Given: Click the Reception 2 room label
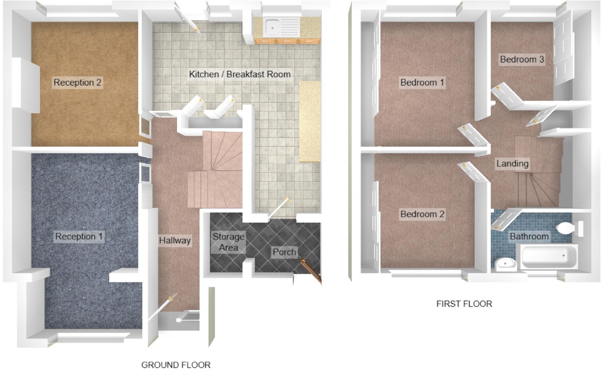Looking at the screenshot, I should [x=77, y=82].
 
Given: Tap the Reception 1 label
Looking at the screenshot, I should [x=79, y=236].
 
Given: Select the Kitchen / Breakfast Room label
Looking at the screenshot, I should [x=240, y=74].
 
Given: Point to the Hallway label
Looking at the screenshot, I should [x=175, y=240].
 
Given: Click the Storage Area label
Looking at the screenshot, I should [x=228, y=242].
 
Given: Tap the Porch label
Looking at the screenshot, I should [x=284, y=252].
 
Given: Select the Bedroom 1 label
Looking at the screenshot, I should [x=422, y=82].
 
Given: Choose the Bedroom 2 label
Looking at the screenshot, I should [x=422, y=214].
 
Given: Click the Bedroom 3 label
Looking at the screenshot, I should [x=522, y=60].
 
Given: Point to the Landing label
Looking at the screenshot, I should [x=512, y=163].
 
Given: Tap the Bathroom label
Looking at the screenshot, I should [x=529, y=236].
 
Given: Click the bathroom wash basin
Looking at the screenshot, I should [x=506, y=264].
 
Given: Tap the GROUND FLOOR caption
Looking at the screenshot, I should [x=176, y=365].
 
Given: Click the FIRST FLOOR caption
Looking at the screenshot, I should [x=464, y=304].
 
